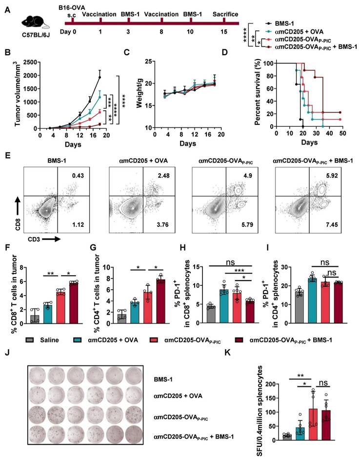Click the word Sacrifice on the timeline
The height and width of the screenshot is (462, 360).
(x=225, y=14)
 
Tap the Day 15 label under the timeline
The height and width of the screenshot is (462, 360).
(x=223, y=32)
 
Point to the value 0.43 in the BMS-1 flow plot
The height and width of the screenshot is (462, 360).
(x=78, y=176)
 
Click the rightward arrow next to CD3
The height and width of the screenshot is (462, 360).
(x=51, y=240)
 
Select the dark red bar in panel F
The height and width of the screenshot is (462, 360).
(x=74, y=303)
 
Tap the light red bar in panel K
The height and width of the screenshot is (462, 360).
(x=313, y=424)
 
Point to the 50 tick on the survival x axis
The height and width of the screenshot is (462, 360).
(x=342, y=134)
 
